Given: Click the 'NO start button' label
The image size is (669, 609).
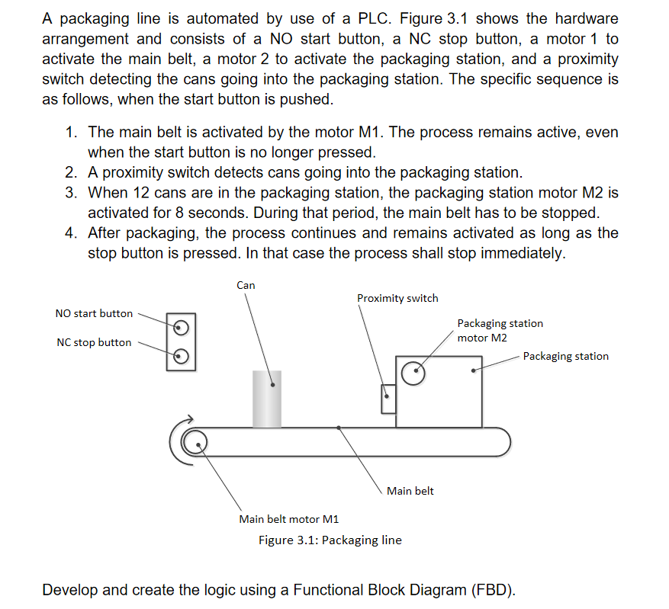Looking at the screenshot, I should click(x=94, y=313).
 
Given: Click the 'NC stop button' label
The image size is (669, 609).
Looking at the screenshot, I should click(x=94, y=342).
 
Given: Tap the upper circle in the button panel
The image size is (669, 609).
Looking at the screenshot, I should click(x=181, y=328).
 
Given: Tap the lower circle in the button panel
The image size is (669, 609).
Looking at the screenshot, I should click(x=181, y=355).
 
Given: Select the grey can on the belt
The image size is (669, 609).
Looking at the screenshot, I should click(x=267, y=398).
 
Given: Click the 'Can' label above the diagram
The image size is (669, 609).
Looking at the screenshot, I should click(x=246, y=285).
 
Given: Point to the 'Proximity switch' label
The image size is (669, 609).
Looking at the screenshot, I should click(x=397, y=298).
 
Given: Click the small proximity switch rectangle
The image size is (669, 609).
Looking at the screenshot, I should click(x=388, y=398).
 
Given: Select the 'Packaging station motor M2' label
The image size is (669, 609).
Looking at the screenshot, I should click(x=500, y=330).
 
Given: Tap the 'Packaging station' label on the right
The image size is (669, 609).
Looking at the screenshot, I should click(x=565, y=356).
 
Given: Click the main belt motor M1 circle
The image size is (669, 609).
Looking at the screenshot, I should click(x=195, y=441).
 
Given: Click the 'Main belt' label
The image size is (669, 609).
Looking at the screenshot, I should click(x=410, y=491).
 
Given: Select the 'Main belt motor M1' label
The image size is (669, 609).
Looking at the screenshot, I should click(x=288, y=519).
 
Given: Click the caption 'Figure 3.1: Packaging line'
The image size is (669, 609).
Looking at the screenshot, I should click(x=330, y=540).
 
